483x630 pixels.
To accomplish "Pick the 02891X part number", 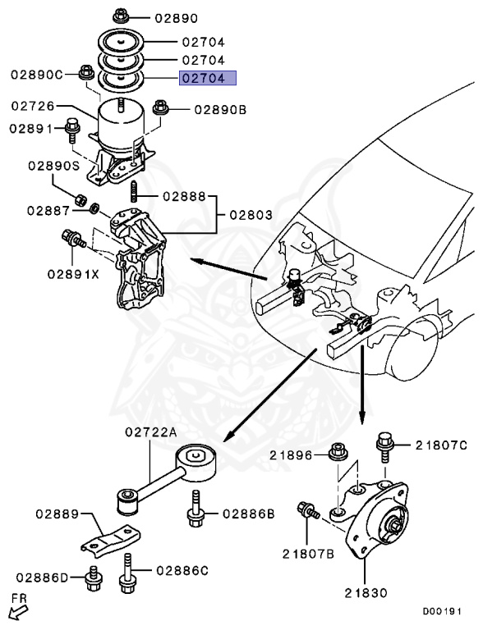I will [x=73, y=273].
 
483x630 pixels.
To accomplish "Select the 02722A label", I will [x=151, y=432].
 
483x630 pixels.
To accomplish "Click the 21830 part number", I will [x=367, y=591].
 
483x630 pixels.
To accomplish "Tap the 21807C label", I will [x=440, y=445].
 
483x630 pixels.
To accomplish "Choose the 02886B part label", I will [x=246, y=515].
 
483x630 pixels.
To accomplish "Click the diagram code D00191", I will [x=443, y=611].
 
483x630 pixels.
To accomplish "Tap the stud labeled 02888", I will [x=134, y=196].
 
